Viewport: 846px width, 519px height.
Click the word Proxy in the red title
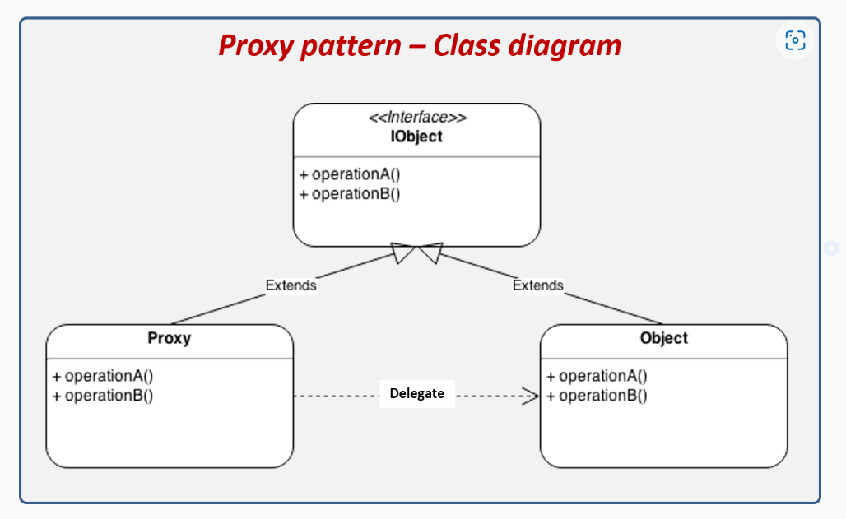click(256, 45)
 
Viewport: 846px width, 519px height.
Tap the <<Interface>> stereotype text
click(417, 118)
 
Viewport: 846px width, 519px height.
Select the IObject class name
click(416, 137)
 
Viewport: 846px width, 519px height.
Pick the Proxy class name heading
click(170, 338)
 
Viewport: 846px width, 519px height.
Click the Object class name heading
click(663, 338)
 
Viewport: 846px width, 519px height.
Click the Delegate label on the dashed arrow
click(416, 393)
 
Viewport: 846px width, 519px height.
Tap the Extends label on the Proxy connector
click(291, 285)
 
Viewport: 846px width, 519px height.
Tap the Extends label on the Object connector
click(537, 285)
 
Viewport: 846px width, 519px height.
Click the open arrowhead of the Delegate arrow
click(531, 396)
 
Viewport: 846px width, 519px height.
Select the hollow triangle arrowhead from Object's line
click(430, 253)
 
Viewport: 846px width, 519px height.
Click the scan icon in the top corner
click(795, 40)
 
